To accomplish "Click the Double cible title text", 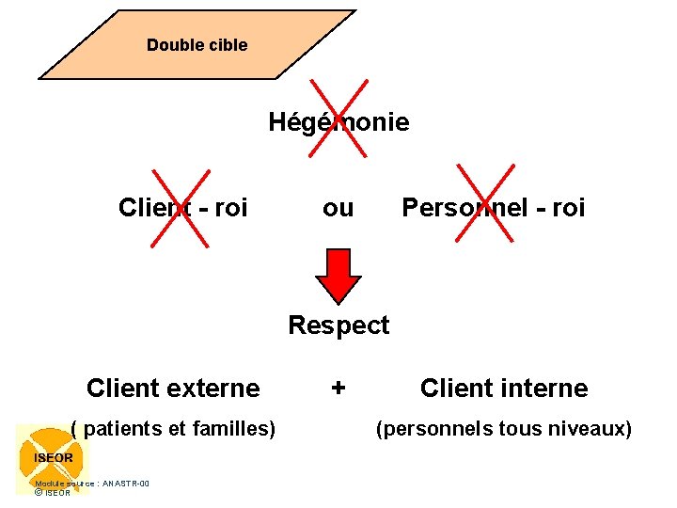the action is click(x=197, y=45).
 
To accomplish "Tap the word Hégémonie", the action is click(x=338, y=122).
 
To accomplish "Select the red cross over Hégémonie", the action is click(x=338, y=119).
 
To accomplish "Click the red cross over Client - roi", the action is click(x=181, y=205).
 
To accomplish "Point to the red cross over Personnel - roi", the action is click(x=485, y=205).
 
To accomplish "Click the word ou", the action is click(x=338, y=208).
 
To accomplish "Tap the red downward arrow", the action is click(x=338, y=276).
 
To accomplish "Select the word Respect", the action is click(x=338, y=325).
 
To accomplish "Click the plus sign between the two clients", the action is click(x=338, y=388).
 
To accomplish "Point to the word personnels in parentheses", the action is click(x=433, y=429).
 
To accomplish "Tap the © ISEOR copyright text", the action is click(x=53, y=492).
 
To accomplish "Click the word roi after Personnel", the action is click(x=567, y=208).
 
